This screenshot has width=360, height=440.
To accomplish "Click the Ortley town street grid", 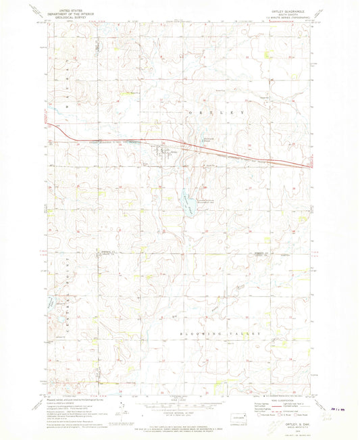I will coord(163,151).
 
